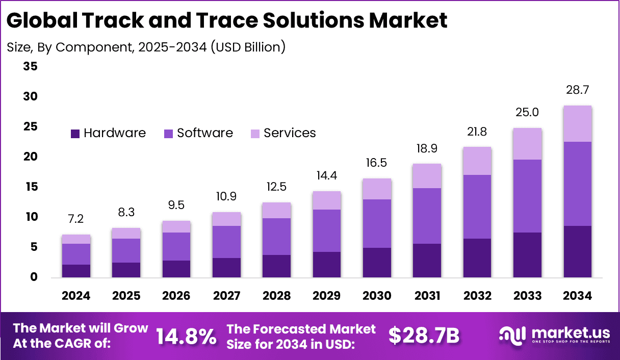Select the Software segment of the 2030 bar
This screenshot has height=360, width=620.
point(377,223)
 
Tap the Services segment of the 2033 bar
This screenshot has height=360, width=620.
point(527,144)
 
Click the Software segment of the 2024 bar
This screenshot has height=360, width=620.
point(76,254)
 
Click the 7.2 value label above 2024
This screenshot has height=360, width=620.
point(76,219)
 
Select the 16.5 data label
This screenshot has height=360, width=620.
point(377,163)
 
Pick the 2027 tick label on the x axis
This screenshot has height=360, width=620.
point(226,296)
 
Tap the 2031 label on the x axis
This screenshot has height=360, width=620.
point(427,296)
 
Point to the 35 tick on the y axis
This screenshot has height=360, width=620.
point(30,66)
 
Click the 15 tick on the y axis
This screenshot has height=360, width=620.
point(30,187)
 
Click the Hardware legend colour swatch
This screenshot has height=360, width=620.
point(75,134)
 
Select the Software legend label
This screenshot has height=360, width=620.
point(204,133)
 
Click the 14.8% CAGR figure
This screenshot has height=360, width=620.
point(186,336)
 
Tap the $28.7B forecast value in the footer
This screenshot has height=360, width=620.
point(424,336)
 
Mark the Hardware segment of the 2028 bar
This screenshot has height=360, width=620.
point(276,266)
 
